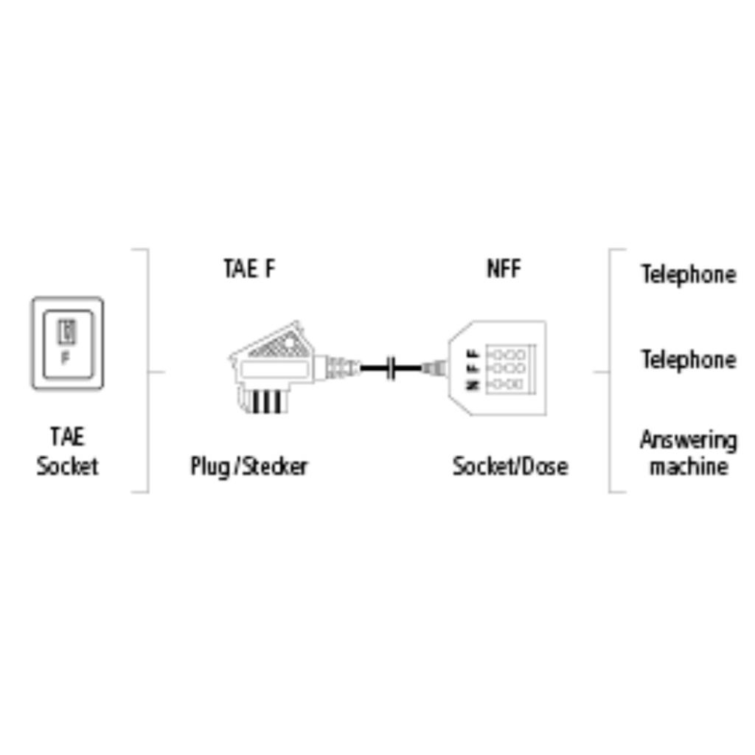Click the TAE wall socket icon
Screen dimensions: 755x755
(67, 344)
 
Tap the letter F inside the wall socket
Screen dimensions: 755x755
(66, 361)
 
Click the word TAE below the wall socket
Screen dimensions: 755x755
(67, 436)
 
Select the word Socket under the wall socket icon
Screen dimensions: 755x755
(67, 466)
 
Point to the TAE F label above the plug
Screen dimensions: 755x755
(248, 268)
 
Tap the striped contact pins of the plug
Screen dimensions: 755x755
(267, 402)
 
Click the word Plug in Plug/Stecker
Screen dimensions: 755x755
(210, 466)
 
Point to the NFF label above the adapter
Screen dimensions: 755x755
(504, 268)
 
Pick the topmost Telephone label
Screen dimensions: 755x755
(688, 274)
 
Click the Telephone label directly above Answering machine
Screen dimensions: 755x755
(688, 360)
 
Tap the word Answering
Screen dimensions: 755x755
(688, 441)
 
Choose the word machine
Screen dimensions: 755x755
(688, 466)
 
